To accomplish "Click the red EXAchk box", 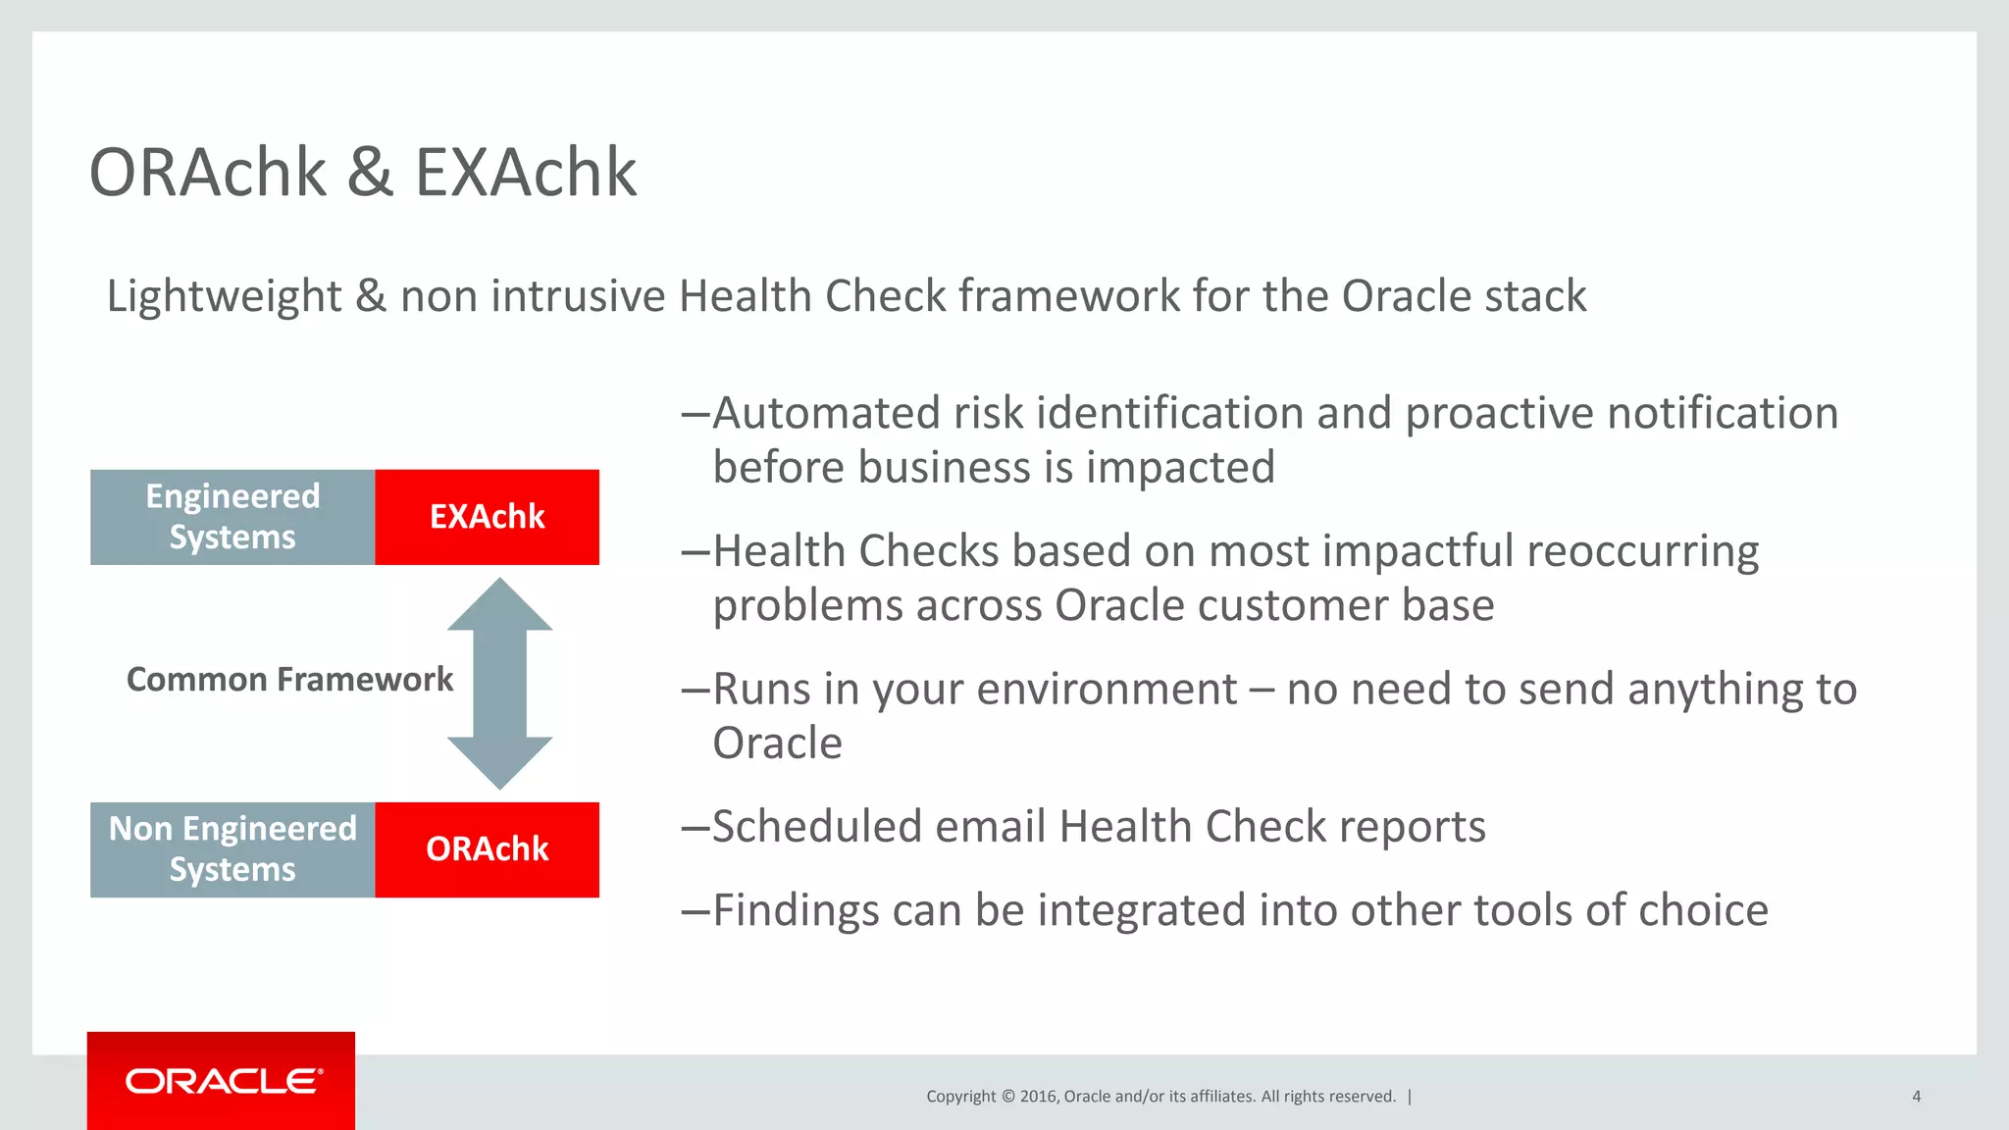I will (487, 517).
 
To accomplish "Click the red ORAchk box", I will (487, 849).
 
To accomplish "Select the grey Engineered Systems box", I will (232, 517).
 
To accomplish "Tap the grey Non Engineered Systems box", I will (232, 849).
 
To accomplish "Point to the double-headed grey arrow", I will (499, 684).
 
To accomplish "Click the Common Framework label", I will (289, 680).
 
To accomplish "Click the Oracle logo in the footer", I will (222, 1081).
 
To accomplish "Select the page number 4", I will (1916, 1097).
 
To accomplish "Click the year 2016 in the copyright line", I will (1038, 1097).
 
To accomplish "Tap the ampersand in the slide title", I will (370, 174).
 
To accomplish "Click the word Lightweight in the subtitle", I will (224, 296).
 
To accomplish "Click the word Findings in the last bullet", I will (796, 910).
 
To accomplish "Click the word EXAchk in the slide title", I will (526, 174).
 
